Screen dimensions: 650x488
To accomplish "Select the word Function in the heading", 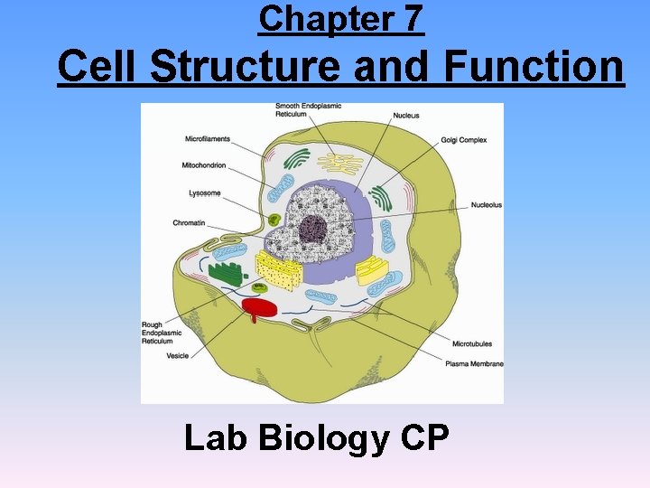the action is coord(534,66).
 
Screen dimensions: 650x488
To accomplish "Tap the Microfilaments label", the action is coord(208,139).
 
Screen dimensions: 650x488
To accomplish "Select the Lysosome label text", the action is coord(204,192).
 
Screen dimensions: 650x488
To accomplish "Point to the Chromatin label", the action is coord(190,222).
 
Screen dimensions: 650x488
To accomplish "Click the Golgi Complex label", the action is coord(464,140).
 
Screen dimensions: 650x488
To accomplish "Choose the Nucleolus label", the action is coord(486,205).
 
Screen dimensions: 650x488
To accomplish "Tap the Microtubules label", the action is coord(472,344).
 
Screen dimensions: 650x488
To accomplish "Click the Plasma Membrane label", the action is coord(474,363).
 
